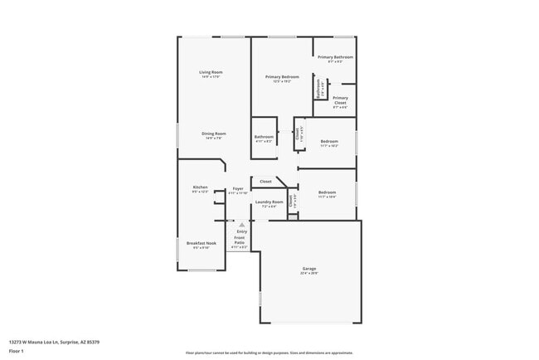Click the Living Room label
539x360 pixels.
(x=211, y=72)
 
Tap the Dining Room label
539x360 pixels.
(x=214, y=133)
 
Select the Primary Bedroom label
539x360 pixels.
(x=282, y=76)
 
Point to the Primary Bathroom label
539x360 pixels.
(x=335, y=56)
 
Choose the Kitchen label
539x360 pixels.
(x=200, y=187)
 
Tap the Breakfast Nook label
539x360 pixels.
(x=202, y=243)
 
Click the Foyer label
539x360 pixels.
(x=238, y=188)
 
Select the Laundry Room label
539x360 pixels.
(x=269, y=202)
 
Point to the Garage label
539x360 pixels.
(x=309, y=268)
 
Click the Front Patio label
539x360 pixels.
(x=240, y=241)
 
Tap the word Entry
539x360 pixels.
(x=241, y=231)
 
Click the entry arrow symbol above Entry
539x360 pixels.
(x=241, y=224)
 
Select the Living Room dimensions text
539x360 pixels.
(x=211, y=77)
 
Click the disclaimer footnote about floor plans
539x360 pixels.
(x=269, y=353)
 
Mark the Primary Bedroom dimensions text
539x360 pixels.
(x=282, y=81)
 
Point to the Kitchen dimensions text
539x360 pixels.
(x=200, y=192)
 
